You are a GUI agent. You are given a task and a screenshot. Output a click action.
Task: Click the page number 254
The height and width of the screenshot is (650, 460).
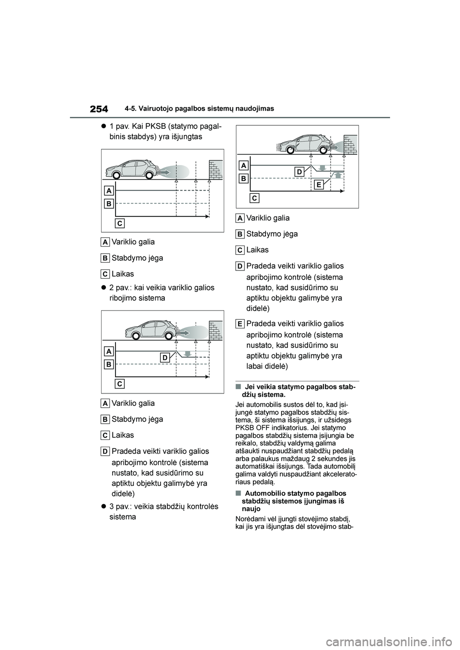(x=98, y=109)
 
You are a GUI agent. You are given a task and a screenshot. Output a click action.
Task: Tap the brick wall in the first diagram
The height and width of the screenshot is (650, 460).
(x=216, y=169)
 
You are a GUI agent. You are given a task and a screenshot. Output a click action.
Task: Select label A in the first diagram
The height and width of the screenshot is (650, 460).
(x=109, y=191)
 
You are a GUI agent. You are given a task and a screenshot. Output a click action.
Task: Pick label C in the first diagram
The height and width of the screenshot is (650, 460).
(x=120, y=223)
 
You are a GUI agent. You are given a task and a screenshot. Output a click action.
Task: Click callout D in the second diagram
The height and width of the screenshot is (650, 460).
(x=164, y=358)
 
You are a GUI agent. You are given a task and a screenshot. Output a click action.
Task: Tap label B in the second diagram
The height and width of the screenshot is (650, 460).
(x=109, y=364)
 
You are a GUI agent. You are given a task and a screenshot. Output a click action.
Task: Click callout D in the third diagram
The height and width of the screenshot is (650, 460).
(x=299, y=172)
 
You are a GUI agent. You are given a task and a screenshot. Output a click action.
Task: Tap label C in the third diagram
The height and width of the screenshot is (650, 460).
(x=254, y=198)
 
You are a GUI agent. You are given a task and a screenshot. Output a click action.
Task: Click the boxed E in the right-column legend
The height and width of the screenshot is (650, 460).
(x=240, y=324)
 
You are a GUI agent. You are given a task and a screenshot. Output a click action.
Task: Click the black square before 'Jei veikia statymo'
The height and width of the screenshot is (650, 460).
(x=238, y=387)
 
